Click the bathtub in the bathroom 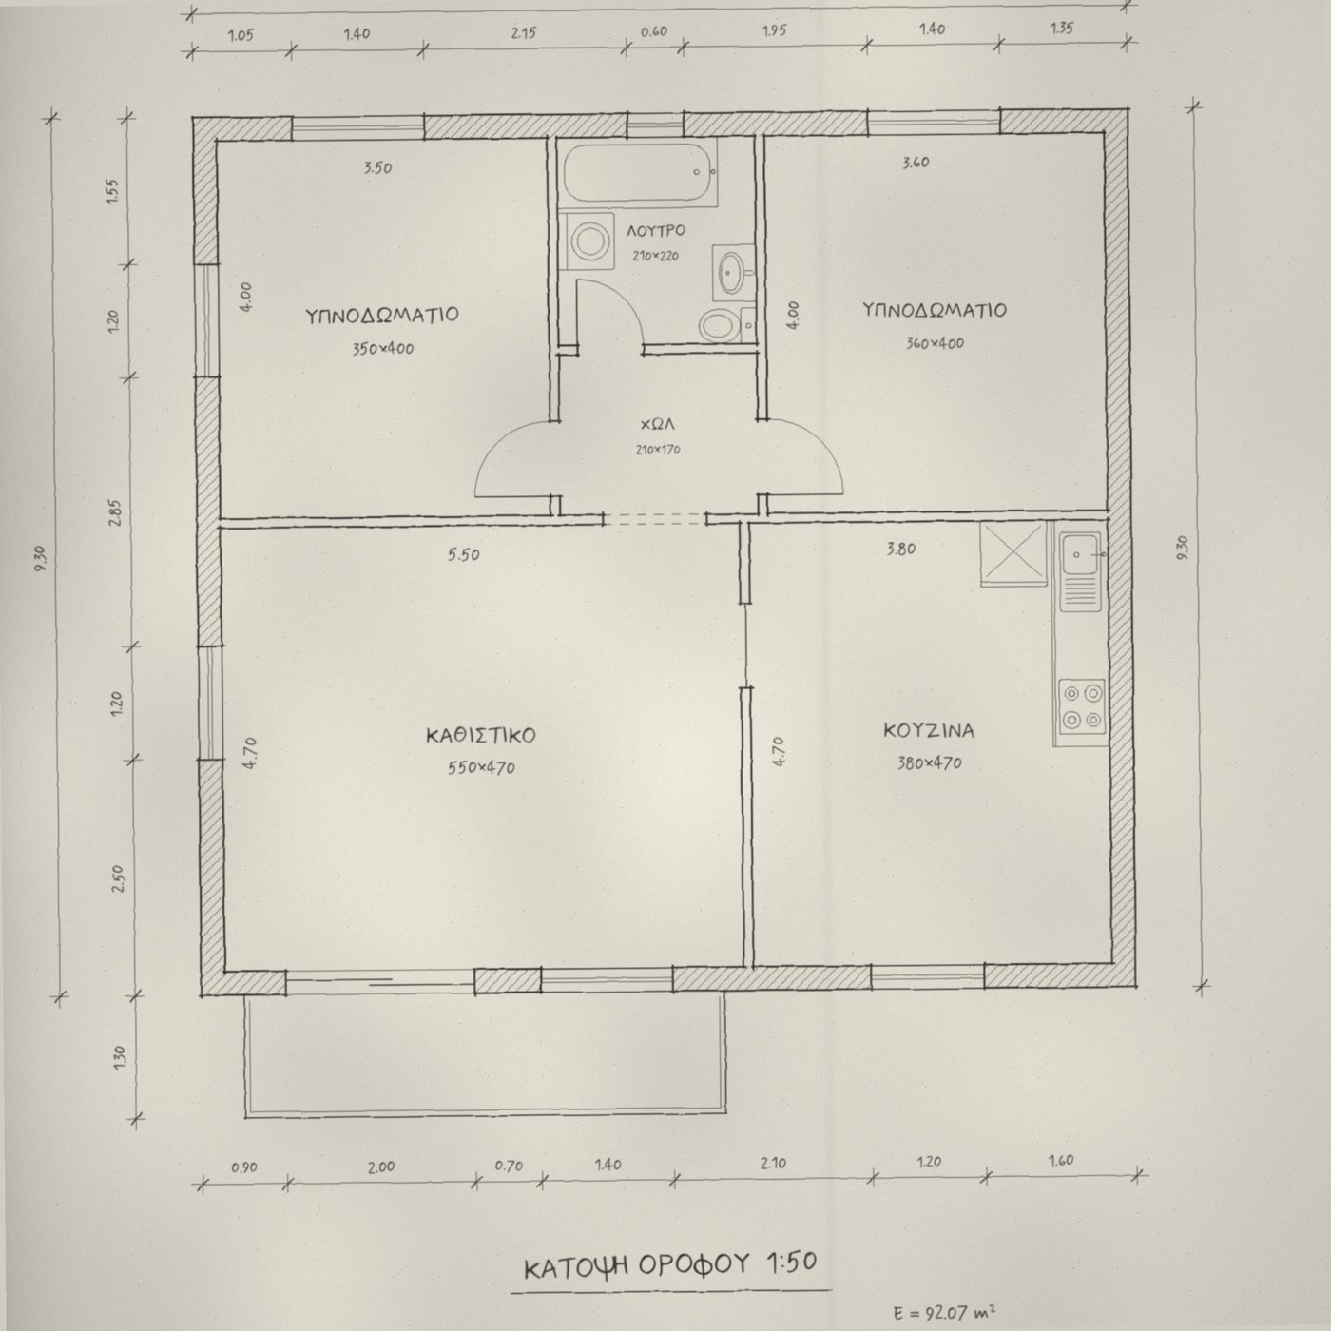pyautogui.click(x=639, y=173)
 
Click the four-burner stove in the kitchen pyautogui.click(x=1082, y=706)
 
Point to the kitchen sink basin pyautogui.click(x=1081, y=553)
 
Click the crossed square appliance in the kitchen pyautogui.click(x=1014, y=554)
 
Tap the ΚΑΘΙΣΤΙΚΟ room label pyautogui.click(x=481, y=736)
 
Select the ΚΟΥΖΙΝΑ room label pyautogui.click(x=929, y=731)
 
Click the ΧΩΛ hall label pyautogui.click(x=658, y=424)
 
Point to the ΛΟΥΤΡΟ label pyautogui.click(x=656, y=231)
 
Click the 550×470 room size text pyautogui.click(x=481, y=767)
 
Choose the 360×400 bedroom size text pyautogui.click(x=936, y=342)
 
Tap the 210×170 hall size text pyautogui.click(x=658, y=450)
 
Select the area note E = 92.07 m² pyautogui.click(x=944, y=1311)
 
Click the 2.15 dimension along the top pyautogui.click(x=523, y=32)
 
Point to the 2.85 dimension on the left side pyautogui.click(x=115, y=513)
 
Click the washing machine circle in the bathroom pyautogui.click(x=589, y=241)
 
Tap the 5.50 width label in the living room pyautogui.click(x=463, y=554)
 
